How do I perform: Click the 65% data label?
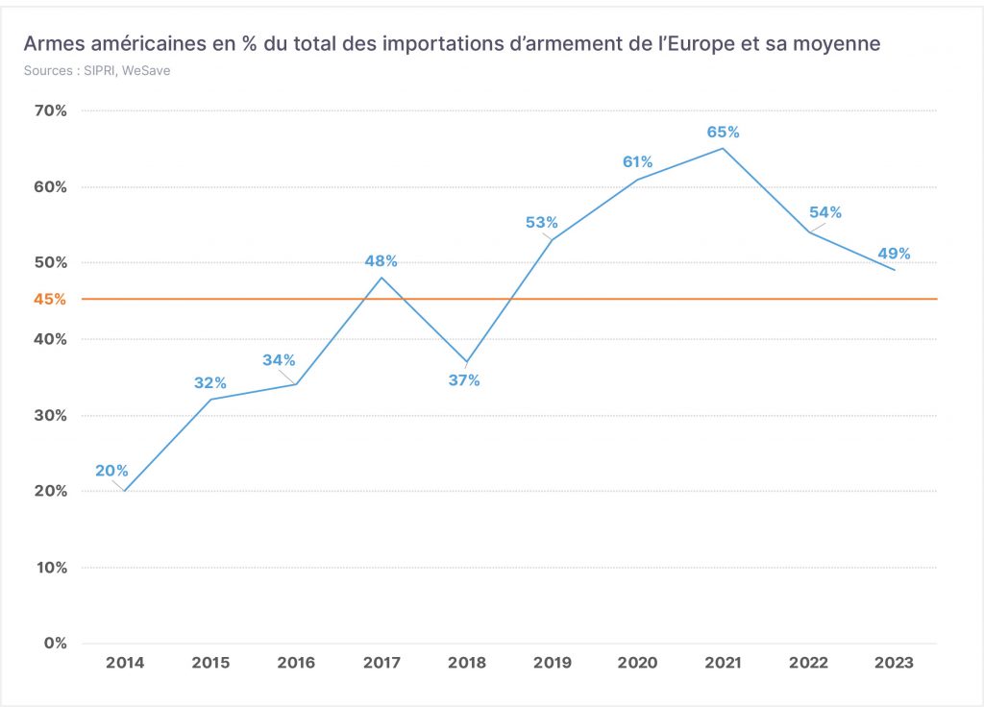(723, 132)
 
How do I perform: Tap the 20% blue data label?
(111, 471)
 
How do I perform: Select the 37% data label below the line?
(464, 380)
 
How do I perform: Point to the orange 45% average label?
(50, 300)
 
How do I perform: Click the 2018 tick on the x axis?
(467, 663)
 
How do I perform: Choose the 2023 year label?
(894, 663)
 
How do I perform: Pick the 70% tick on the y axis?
(50, 111)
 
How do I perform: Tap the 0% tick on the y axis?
(55, 643)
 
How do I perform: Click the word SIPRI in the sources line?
(100, 70)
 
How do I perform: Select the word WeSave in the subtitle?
(146, 70)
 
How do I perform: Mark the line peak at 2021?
(723, 149)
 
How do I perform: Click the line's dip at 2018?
(466, 362)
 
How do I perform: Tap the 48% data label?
(381, 261)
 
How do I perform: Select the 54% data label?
(825, 212)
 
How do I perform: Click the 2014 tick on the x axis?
(125, 663)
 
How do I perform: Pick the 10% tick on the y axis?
(52, 568)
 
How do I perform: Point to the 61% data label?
(638, 161)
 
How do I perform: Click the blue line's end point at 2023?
(895, 270)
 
